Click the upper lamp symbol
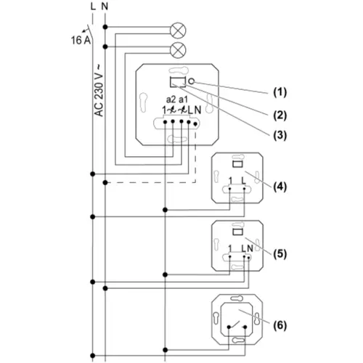(x=178, y=30)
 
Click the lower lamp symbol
(x=178, y=50)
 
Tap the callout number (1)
(x=280, y=92)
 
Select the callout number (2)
(x=280, y=115)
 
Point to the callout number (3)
(x=280, y=135)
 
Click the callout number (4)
(x=280, y=187)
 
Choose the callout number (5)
(x=280, y=254)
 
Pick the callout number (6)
(x=280, y=325)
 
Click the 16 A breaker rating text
(x=81, y=40)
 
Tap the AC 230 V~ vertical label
(x=99, y=90)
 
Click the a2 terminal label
(x=171, y=99)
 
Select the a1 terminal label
(x=183, y=99)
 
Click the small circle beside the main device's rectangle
(x=191, y=81)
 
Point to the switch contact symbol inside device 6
(x=237, y=325)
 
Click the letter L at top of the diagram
(x=93, y=7)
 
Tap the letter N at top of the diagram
(x=105, y=7)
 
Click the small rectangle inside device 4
(x=237, y=164)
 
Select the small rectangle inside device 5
(x=237, y=232)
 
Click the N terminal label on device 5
(x=250, y=248)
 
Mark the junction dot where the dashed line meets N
(x=105, y=182)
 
